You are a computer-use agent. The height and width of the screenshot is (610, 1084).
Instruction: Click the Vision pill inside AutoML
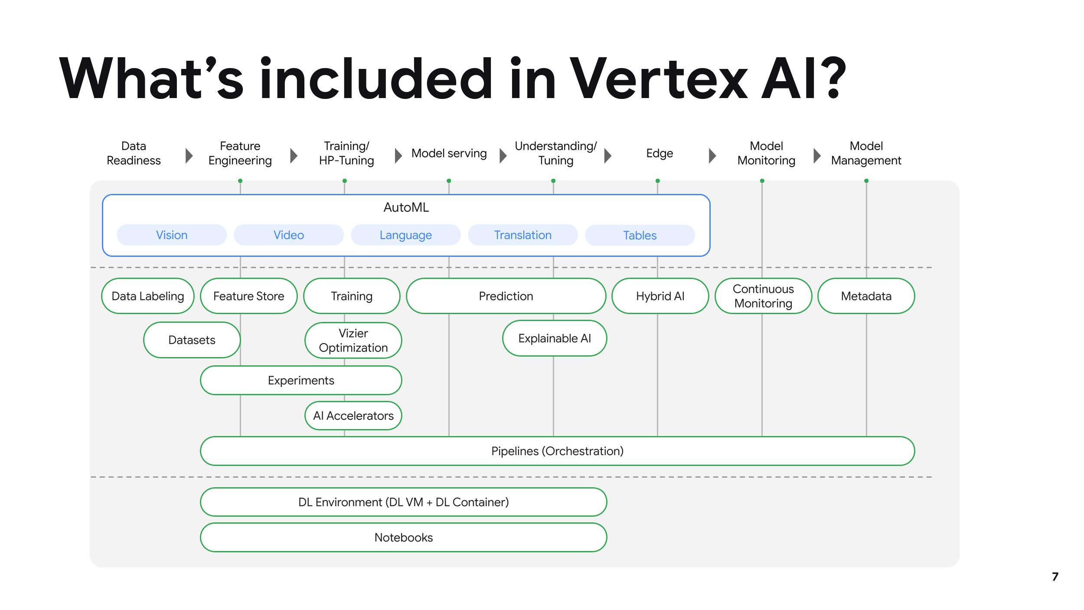pyautogui.click(x=172, y=235)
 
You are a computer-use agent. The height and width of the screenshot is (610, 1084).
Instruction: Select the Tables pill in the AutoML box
pyautogui.click(x=640, y=236)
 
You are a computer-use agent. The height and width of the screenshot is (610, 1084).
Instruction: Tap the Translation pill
pyautogui.click(x=522, y=235)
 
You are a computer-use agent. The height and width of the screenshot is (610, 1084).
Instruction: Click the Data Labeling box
pyautogui.click(x=148, y=296)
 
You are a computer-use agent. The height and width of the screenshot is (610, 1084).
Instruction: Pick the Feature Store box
pyautogui.click(x=248, y=296)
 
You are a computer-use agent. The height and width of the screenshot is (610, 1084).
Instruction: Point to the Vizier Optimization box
pyautogui.click(x=353, y=341)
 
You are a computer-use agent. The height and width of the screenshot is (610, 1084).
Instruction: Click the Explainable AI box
pyautogui.click(x=554, y=338)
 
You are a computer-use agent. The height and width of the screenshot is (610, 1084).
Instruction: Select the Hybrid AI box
pyautogui.click(x=660, y=296)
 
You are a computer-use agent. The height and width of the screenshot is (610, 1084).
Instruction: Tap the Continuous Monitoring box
pyautogui.click(x=763, y=296)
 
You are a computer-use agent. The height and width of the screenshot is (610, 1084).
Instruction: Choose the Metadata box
pyautogui.click(x=866, y=296)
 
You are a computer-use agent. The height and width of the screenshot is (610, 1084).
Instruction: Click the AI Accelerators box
pyautogui.click(x=353, y=416)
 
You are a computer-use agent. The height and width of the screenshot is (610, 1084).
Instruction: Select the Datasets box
pyautogui.click(x=192, y=340)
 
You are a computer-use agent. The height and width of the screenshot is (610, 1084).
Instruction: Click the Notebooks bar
pyautogui.click(x=403, y=538)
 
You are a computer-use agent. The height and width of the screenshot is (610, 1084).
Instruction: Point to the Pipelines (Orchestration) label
pyautogui.click(x=557, y=451)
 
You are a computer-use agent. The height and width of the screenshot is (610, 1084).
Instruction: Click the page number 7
pyautogui.click(x=1055, y=577)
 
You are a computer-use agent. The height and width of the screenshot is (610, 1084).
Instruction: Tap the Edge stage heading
pyautogui.click(x=660, y=154)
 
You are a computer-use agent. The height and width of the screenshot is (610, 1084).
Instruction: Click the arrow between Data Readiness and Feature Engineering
pyautogui.click(x=189, y=156)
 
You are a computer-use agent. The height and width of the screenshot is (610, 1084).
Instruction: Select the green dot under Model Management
pyautogui.click(x=866, y=181)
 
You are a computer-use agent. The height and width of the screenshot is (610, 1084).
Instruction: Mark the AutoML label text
pyautogui.click(x=406, y=208)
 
